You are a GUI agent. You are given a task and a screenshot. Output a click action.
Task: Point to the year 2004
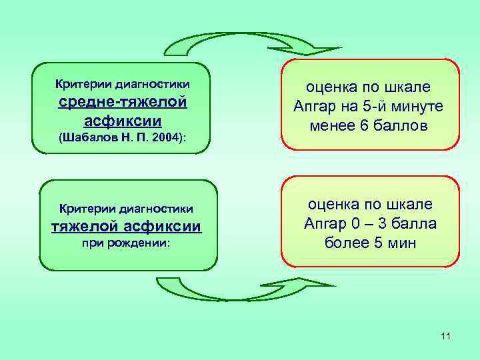(x=166, y=138)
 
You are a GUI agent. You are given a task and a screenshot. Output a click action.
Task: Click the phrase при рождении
(x=126, y=244)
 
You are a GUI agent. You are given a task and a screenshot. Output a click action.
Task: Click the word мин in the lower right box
(x=402, y=243)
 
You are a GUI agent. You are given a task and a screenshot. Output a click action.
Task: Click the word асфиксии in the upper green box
(x=123, y=121)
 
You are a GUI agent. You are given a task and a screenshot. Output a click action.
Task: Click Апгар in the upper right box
(x=315, y=107)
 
